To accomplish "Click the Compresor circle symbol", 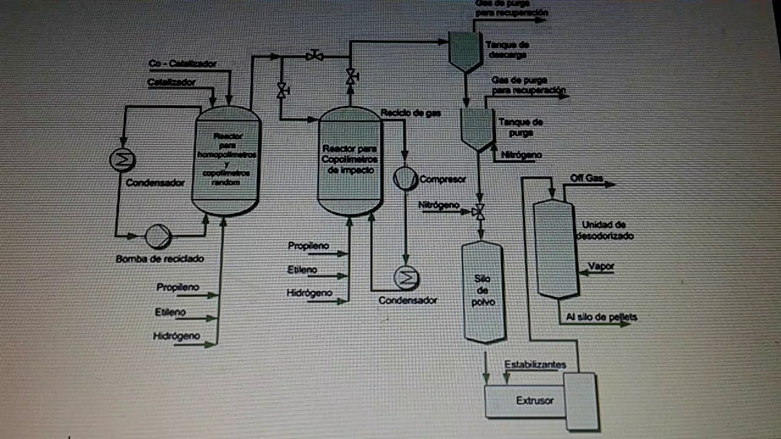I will coord(404,177).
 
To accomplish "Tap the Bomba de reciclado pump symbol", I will coord(157,235).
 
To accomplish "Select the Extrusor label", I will coord(534,401).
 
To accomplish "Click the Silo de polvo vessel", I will coord(483,291).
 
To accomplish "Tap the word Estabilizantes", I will coord(535,365).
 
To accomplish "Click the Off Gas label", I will coord(586,178).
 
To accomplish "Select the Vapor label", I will coord(602,266).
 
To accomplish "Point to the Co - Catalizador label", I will coord(182,63).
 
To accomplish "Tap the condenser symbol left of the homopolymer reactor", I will coord(122,160).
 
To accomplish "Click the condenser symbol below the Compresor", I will coord(405,278).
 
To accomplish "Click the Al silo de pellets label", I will coord(601,317).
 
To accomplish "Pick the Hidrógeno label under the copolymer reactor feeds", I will coord(309,293).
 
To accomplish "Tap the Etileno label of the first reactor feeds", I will coord(170,312).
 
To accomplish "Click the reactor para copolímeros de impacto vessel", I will coord(350,162).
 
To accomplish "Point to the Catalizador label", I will coord(171,82).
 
